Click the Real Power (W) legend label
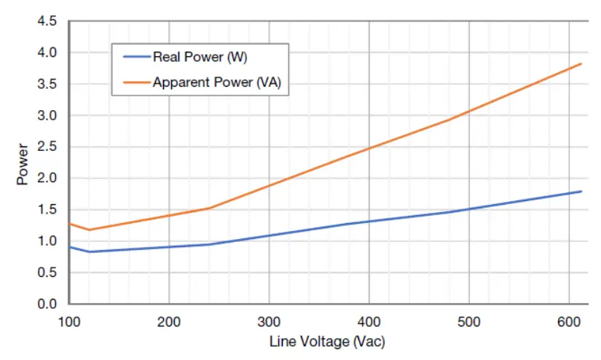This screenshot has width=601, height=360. (x=200, y=58)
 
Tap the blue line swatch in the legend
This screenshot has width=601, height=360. (x=134, y=58)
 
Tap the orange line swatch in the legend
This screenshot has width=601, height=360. (x=134, y=82)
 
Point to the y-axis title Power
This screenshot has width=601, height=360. (x=23, y=167)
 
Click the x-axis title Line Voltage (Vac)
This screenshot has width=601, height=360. (x=327, y=341)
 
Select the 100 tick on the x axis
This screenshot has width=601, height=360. (x=69, y=320)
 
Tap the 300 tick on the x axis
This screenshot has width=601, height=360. (x=269, y=320)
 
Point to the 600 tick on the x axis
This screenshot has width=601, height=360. (x=568, y=320)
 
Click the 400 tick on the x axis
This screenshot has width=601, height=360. (x=369, y=320)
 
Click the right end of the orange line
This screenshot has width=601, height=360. (x=581, y=64)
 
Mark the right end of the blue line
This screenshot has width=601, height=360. (x=581, y=192)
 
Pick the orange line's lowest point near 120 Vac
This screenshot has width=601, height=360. (x=89, y=230)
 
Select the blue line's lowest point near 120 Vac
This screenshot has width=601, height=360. (x=89, y=251)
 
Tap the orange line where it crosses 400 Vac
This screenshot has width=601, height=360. (x=369, y=149)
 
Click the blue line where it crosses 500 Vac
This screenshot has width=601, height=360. (x=468, y=209)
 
